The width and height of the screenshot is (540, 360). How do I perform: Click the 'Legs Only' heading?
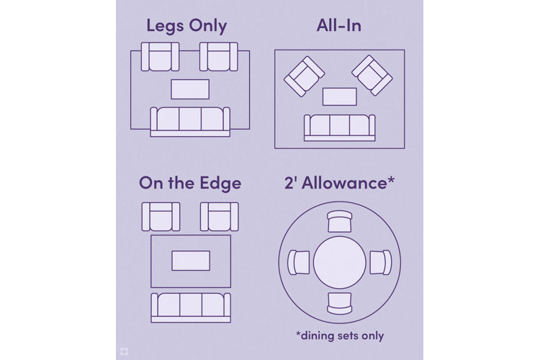[x=186, y=27]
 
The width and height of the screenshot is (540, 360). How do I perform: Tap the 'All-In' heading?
[x=338, y=27]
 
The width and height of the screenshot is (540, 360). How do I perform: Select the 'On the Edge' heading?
[x=190, y=183]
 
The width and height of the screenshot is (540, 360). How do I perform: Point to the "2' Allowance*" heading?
[x=338, y=183]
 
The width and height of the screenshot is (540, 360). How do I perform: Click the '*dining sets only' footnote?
[x=339, y=336]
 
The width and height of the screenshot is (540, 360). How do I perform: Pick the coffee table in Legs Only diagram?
[x=190, y=89]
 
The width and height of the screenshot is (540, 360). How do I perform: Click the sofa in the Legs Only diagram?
[x=190, y=120]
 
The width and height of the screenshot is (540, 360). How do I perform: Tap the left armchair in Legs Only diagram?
[x=160, y=57]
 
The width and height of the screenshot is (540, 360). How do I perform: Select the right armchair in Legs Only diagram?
[x=219, y=57]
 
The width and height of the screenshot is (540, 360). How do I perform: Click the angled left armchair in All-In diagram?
[x=303, y=76]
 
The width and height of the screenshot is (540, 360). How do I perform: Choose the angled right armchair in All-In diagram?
[x=373, y=75]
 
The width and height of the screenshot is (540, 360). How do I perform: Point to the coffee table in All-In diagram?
[x=339, y=96]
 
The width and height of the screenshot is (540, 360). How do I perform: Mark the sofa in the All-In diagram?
[x=339, y=127]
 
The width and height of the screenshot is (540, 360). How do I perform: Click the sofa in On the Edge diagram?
[x=190, y=307]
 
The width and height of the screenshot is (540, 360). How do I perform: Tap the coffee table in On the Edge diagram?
[x=190, y=261]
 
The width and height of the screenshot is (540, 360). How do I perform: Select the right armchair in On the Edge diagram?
[x=219, y=217]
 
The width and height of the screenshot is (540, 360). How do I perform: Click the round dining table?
[x=339, y=263]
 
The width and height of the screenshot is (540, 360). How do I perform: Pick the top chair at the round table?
[x=339, y=221]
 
